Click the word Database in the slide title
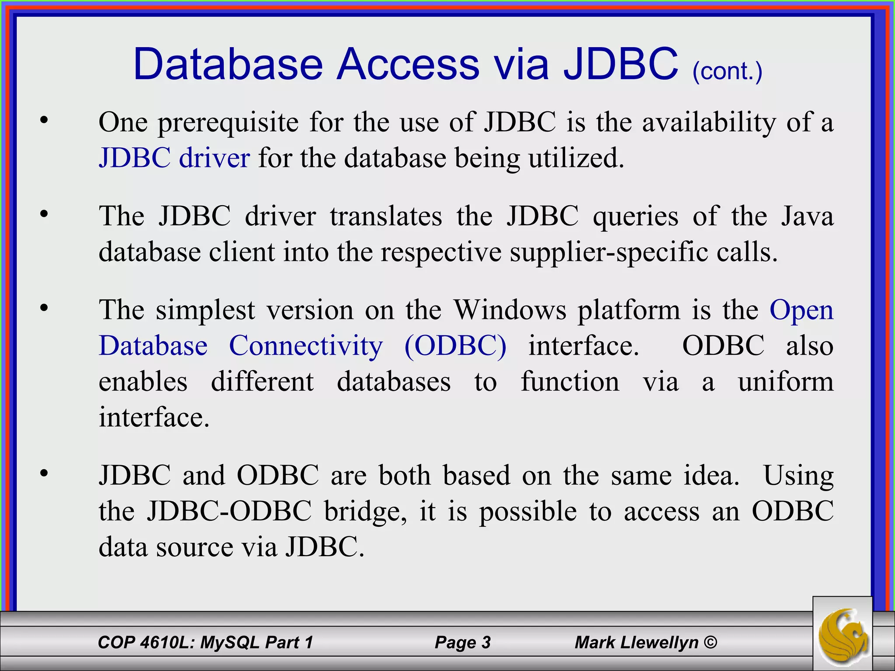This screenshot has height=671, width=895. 228,65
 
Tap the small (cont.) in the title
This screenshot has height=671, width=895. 727,71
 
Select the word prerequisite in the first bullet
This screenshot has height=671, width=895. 228,122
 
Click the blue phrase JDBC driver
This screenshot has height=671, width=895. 174,158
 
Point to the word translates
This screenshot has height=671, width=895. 386,216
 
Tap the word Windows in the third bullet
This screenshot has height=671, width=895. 510,310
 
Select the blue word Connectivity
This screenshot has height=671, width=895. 306,346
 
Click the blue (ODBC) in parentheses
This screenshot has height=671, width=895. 455,346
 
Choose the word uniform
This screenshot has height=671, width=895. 785,382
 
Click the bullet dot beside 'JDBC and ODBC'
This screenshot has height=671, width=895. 44,473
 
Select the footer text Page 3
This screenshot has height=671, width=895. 462,642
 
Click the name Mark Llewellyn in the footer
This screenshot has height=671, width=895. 636,642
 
